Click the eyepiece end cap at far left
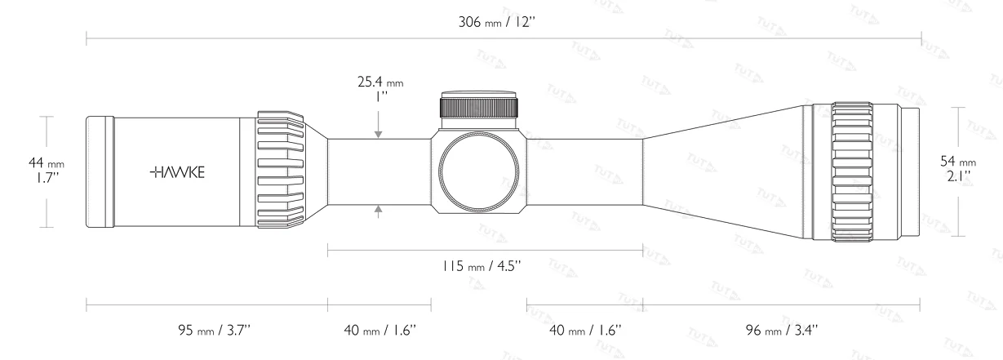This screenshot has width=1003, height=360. [x=99, y=171]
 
